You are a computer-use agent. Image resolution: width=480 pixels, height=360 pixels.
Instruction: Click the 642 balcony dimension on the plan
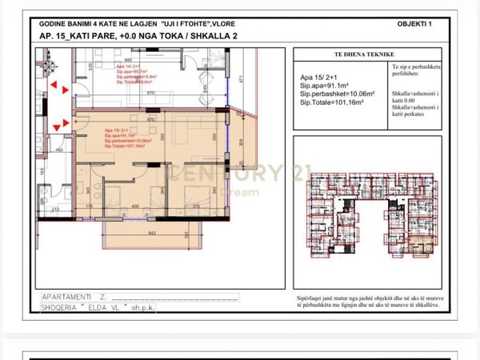tap(150, 233)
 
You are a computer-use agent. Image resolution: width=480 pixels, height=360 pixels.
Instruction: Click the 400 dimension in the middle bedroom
tap(134, 206)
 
